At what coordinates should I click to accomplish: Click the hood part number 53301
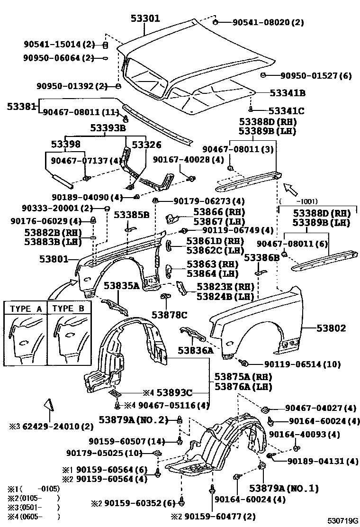pos(145,19)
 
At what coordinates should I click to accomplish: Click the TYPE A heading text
pos(26,309)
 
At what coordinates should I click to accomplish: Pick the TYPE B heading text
pos(69,309)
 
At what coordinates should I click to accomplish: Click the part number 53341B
pos(287,93)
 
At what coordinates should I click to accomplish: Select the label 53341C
pos(286,111)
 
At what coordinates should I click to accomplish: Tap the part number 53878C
pos(170,314)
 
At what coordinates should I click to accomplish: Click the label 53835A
pos(122,285)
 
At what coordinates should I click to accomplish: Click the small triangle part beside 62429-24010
pos(49,405)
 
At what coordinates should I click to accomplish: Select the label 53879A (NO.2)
pos(134,419)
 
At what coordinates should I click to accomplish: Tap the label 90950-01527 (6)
pos(316,75)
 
